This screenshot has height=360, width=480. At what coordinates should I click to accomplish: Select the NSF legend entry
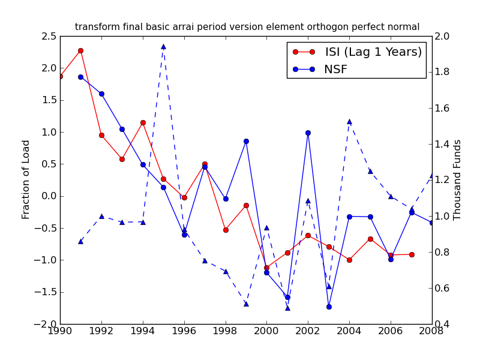coord(335,70)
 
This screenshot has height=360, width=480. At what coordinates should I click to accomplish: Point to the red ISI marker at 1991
coord(80,50)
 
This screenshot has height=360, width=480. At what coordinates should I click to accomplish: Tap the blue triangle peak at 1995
coord(163,46)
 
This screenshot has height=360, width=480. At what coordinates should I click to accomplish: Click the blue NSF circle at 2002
coord(308,133)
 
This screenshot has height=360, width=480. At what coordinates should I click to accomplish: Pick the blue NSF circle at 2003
coord(329,307)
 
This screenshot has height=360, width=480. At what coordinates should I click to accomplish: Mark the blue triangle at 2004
coord(349,121)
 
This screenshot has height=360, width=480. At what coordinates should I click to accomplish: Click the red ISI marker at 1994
coord(143,122)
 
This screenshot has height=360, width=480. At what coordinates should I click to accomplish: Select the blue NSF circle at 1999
coord(246,141)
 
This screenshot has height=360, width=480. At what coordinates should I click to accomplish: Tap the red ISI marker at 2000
coord(266,268)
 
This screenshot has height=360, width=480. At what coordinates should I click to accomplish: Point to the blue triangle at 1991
coord(80,241)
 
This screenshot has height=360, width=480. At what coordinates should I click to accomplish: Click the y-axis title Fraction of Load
coord(26,179)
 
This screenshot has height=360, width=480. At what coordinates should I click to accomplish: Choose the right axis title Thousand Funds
coord(458,179)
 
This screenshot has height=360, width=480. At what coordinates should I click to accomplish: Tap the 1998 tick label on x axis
coord(226,332)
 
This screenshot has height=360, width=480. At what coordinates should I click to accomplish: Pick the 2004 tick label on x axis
coord(349,332)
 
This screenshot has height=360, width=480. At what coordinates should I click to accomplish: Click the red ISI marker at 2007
coord(412,254)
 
